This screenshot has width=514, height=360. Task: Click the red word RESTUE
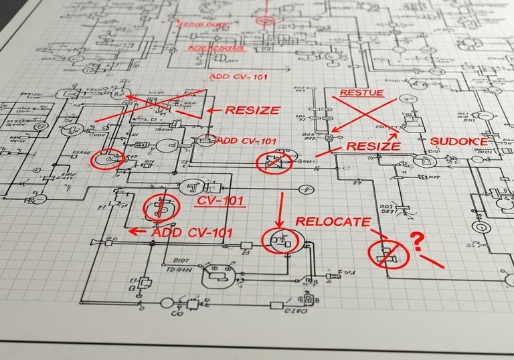[x=362, y=92]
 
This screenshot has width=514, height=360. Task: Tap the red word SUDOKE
[x=458, y=141]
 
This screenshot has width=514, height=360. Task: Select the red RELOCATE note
[x=333, y=222]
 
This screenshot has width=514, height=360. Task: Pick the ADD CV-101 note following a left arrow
[x=193, y=232]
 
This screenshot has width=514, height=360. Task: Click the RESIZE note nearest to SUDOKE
[x=373, y=146]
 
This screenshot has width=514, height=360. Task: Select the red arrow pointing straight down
[x=281, y=209]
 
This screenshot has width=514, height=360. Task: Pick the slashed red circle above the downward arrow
[x=274, y=163]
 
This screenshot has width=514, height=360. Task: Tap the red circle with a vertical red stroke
[x=159, y=207]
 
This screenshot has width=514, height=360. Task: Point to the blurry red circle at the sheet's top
[x=265, y=21]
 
